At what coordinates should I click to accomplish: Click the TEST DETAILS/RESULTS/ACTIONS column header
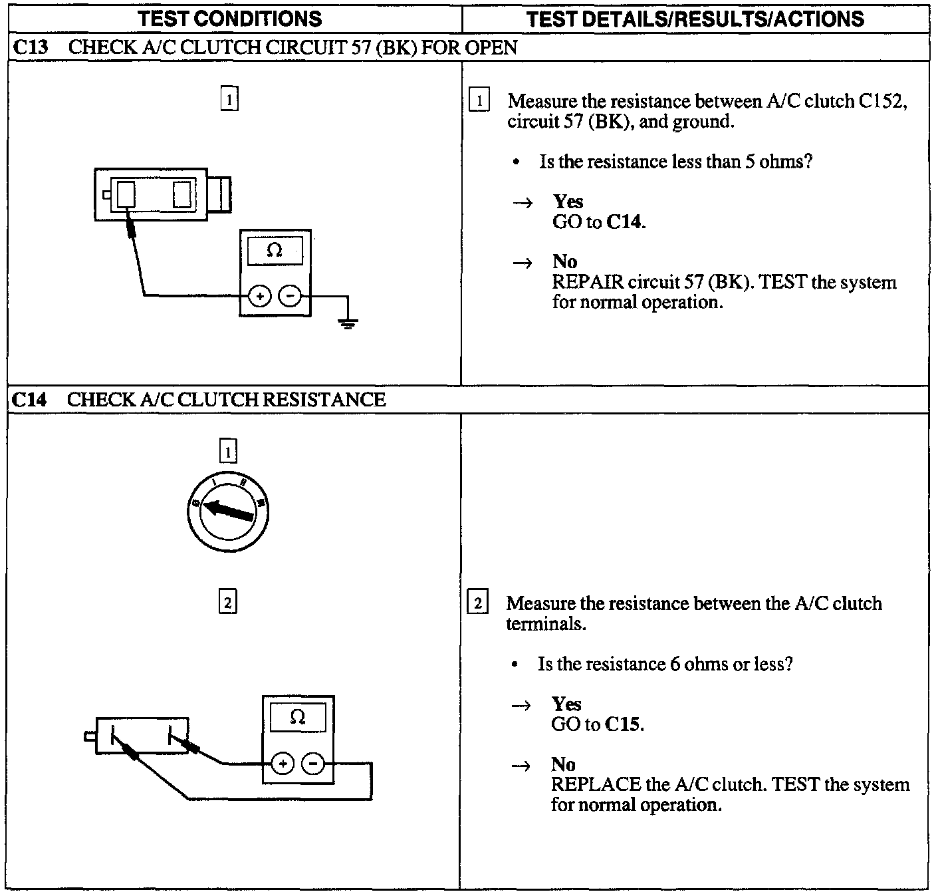[x=695, y=19]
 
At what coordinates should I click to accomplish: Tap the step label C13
[x=29, y=47]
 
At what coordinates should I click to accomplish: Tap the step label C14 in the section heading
[x=29, y=399]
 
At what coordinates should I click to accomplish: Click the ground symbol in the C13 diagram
[x=348, y=324]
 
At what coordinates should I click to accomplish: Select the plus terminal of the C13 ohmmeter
[x=260, y=295]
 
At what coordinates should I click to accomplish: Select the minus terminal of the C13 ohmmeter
[x=289, y=295]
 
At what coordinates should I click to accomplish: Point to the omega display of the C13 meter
[x=275, y=251]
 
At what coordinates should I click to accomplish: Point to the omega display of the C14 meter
[x=298, y=718]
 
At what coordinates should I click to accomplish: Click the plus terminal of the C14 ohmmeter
[x=283, y=764]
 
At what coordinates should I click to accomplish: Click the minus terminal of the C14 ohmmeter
[x=312, y=764]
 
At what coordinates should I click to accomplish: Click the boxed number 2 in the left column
[x=227, y=603]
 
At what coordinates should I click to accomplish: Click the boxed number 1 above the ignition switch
[x=227, y=452]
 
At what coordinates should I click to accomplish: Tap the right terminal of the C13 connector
[x=181, y=194]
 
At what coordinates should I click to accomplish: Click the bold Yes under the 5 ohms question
[x=568, y=202]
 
